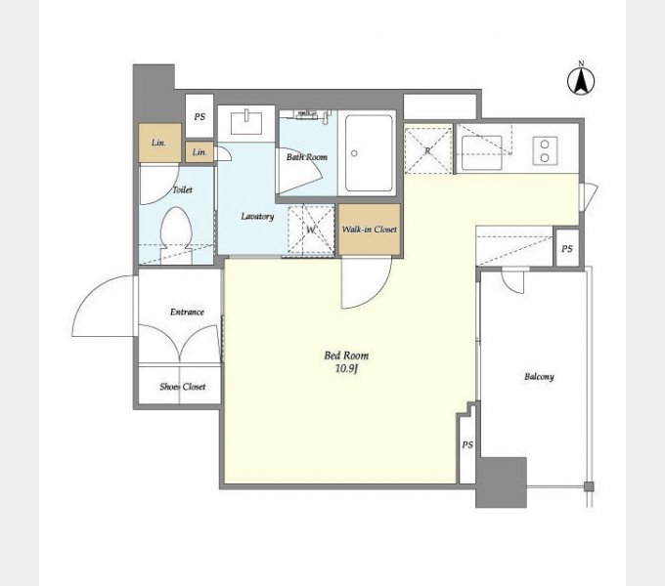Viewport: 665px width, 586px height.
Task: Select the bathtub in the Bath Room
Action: pyautogui.click(x=369, y=153)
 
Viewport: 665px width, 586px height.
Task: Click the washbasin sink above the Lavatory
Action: pyautogui.click(x=246, y=123)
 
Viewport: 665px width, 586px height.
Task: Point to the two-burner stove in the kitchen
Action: pyautogui.click(x=545, y=151)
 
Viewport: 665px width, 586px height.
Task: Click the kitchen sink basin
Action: pyautogui.click(x=482, y=152)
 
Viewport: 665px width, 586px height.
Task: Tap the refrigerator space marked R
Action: pyautogui.click(x=428, y=150)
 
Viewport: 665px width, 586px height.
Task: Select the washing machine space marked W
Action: pyautogui.click(x=311, y=230)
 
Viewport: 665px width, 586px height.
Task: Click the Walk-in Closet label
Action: pyautogui.click(x=370, y=230)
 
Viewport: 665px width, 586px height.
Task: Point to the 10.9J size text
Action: pyautogui.click(x=347, y=369)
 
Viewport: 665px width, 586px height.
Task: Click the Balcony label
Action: pyautogui.click(x=539, y=376)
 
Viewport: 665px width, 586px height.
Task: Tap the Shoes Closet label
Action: pyautogui.click(x=182, y=387)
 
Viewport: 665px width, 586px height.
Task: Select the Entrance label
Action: pyautogui.click(x=187, y=313)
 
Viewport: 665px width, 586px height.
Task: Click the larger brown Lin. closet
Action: pyautogui.click(x=159, y=143)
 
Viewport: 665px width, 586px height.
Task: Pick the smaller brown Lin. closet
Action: pyautogui.click(x=199, y=152)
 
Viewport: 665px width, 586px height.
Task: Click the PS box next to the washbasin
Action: pyautogui.click(x=199, y=116)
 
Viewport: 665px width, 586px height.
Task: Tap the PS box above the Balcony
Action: pyautogui.click(x=567, y=248)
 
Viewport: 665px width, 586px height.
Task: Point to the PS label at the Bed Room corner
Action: pyautogui.click(x=467, y=445)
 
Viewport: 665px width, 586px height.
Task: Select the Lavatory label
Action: pyautogui.click(x=257, y=217)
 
